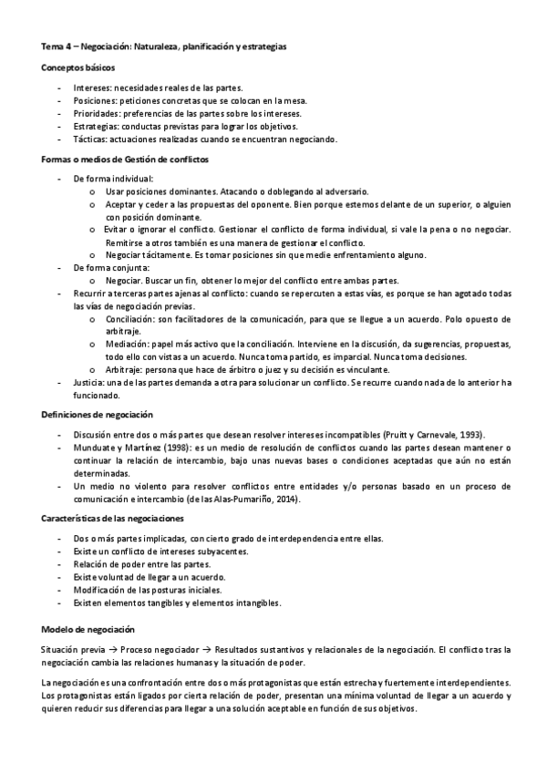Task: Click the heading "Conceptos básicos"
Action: pyautogui.click(x=77, y=68)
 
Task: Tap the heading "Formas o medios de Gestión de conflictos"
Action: pyautogui.click(x=126, y=160)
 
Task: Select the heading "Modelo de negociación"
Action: pyautogui.click(x=88, y=630)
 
